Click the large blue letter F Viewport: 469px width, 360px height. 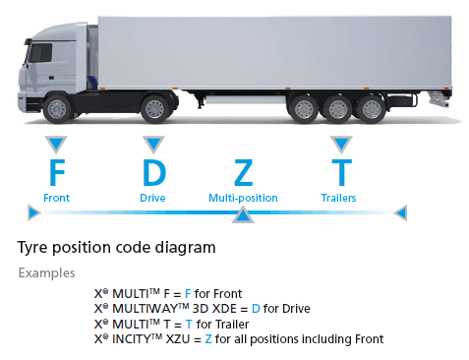(x=57, y=172)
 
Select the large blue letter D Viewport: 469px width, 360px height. (x=153, y=172)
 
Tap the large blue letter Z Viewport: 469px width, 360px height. (x=243, y=172)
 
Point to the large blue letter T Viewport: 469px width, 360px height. (x=340, y=172)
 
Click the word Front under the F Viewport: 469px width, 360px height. (x=57, y=198)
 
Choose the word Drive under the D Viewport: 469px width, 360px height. (x=152, y=198)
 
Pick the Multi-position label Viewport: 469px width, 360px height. (x=243, y=198)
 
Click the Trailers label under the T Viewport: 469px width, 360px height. (x=338, y=198)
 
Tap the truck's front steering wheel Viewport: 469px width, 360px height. (x=59, y=106)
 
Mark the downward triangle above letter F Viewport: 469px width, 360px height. (x=56, y=144)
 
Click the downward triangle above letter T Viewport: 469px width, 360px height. (x=340, y=144)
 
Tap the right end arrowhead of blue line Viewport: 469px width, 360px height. (x=399, y=211)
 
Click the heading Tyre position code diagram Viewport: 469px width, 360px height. (x=117, y=246)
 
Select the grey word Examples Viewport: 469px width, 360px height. (x=46, y=272)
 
